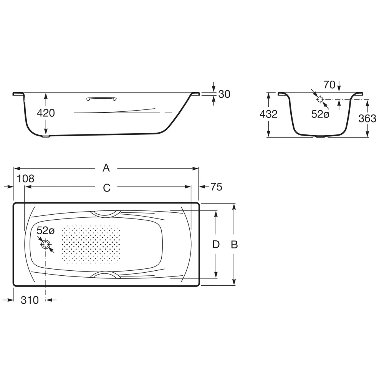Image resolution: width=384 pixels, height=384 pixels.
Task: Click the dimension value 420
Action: [46, 113]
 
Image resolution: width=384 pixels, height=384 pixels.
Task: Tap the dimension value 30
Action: [224, 94]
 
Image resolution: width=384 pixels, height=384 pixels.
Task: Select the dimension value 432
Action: [268, 114]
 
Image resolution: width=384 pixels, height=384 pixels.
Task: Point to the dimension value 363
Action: [367, 119]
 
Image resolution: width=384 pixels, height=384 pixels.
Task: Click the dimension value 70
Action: [329, 85]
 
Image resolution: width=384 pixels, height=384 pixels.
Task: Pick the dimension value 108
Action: [25, 179]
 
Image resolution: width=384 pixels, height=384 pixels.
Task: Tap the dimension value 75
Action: [217, 187]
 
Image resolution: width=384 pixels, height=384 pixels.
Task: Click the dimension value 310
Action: [30, 300]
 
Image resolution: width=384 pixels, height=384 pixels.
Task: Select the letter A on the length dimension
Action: [106, 168]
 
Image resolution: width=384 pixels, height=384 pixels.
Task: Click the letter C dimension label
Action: [107, 188]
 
